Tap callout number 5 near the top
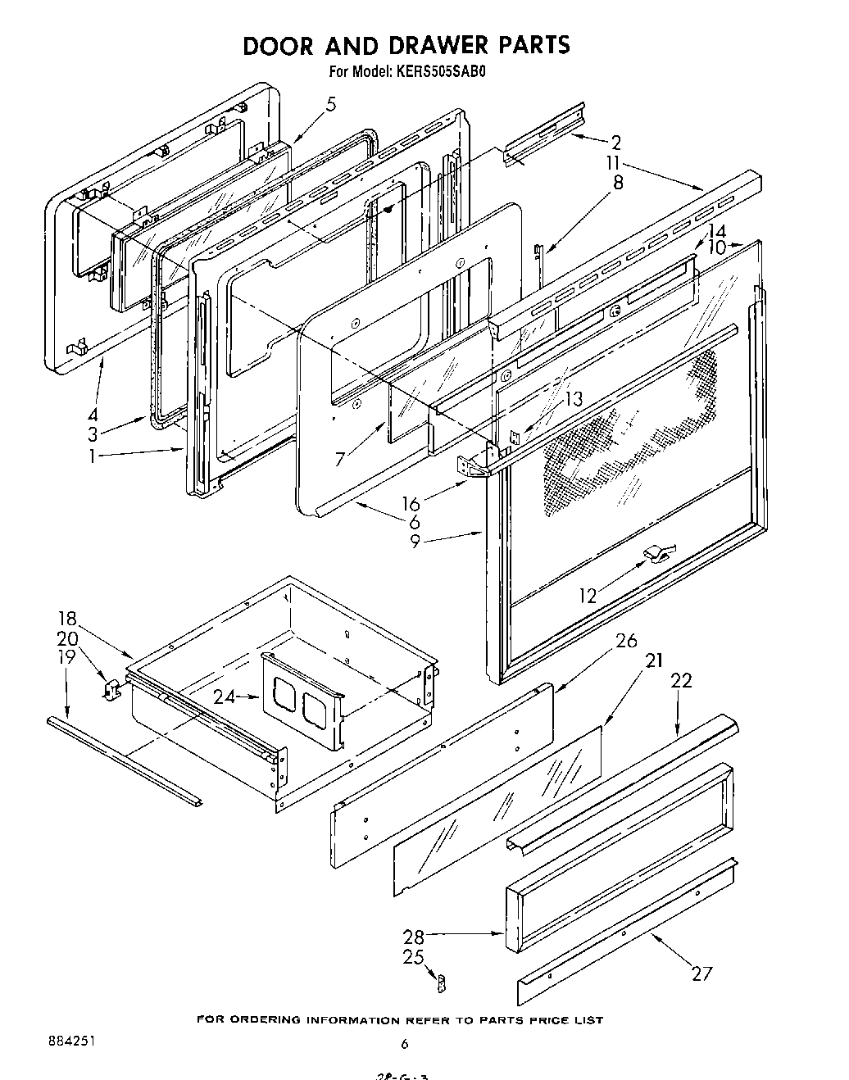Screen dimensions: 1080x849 [330, 104]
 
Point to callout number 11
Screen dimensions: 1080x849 [615, 162]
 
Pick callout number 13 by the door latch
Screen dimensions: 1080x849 [574, 399]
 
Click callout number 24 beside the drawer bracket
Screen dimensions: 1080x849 [224, 697]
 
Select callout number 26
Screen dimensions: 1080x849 [626, 641]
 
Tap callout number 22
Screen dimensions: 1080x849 [681, 680]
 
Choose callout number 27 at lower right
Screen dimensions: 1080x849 [701, 973]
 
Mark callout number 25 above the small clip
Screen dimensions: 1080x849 [414, 956]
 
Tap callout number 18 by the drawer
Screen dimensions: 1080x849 [67, 619]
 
